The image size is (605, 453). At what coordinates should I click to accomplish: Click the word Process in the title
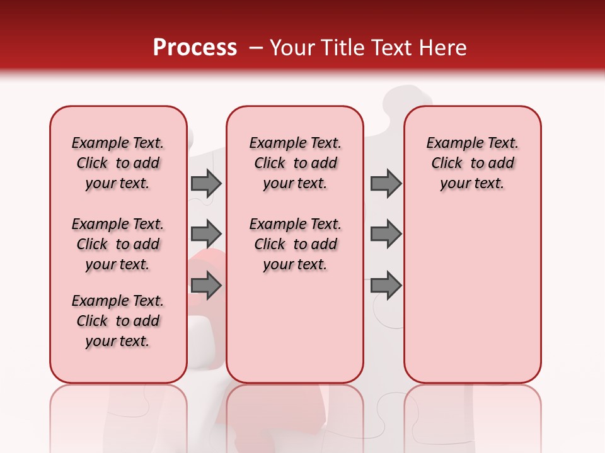(x=195, y=48)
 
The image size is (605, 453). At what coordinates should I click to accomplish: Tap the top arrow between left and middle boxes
(x=206, y=183)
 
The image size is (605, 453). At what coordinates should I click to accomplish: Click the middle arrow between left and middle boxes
(x=206, y=234)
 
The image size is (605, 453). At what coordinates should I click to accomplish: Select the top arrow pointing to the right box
(x=386, y=183)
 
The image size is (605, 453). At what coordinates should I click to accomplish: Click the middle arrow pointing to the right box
(x=386, y=234)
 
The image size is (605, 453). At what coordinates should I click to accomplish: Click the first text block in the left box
(x=118, y=163)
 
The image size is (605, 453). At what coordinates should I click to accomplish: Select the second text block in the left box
(x=118, y=244)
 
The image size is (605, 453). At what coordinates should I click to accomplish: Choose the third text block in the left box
(x=118, y=321)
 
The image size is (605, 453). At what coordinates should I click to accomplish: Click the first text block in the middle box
(x=295, y=163)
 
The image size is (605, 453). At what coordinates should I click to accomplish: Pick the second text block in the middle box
(x=295, y=244)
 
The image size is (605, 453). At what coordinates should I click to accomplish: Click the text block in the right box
(x=472, y=163)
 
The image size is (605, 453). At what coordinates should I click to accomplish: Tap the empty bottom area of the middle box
(x=295, y=333)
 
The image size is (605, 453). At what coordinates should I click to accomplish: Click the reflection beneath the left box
(x=118, y=415)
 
